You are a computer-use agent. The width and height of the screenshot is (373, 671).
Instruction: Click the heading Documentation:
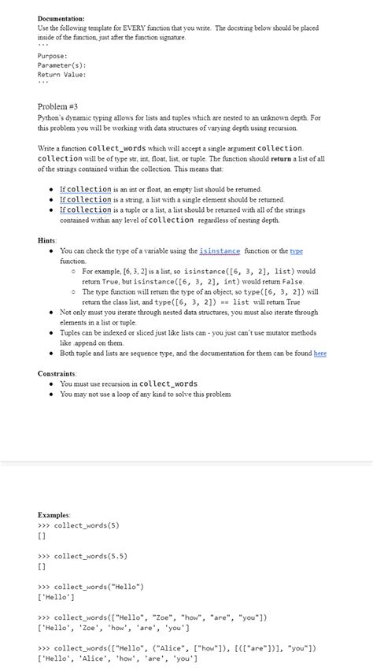point(61,17)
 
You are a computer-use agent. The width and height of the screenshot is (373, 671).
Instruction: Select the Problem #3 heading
point(58,106)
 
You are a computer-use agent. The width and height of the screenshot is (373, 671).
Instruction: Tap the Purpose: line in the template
point(53,57)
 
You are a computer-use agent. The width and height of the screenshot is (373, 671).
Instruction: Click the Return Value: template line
point(62,74)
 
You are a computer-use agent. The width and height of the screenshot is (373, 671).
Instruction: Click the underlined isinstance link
point(220,251)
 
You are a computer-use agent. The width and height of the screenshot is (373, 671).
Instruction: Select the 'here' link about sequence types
point(319,354)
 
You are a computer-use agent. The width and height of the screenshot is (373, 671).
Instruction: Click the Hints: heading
point(47,239)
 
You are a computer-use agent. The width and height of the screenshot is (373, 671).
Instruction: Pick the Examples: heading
point(54,513)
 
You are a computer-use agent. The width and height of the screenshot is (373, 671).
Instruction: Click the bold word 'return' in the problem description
point(282,158)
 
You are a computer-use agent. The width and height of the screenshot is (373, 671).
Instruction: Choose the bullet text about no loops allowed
point(146,394)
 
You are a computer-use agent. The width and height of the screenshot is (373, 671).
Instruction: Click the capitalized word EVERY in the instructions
point(127,28)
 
